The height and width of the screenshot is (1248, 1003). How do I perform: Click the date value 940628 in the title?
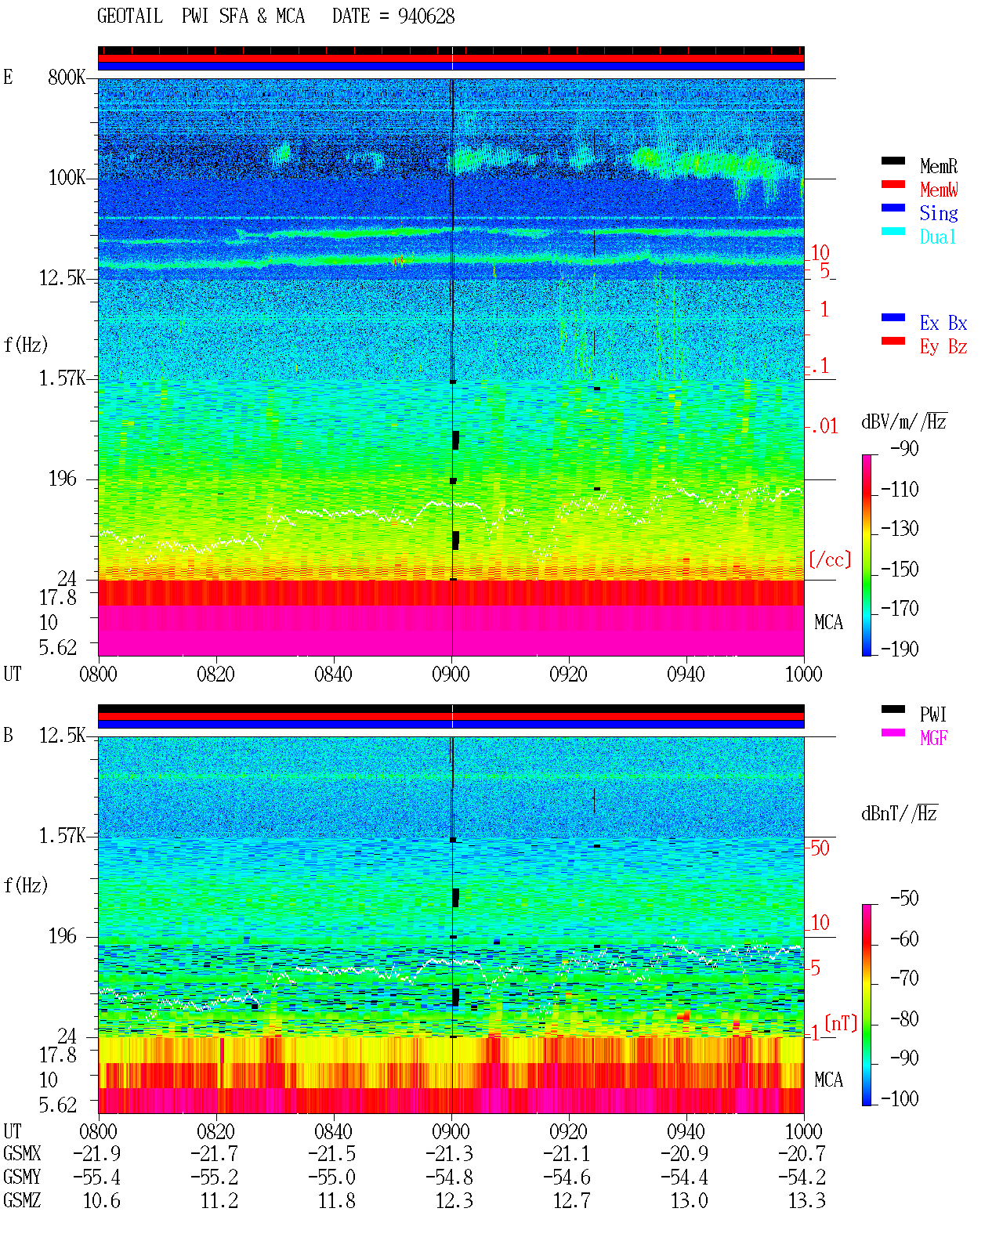point(425,16)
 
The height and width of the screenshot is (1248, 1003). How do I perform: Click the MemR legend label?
point(938,166)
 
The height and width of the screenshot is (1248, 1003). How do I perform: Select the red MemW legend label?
point(939,190)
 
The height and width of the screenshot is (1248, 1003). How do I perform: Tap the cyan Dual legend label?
point(937,237)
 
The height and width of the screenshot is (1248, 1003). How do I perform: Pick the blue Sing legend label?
point(938,213)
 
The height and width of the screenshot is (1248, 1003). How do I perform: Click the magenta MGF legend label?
point(933,738)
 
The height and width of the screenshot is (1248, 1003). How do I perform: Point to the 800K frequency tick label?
point(67,77)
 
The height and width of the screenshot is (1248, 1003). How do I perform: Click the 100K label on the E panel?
point(67,178)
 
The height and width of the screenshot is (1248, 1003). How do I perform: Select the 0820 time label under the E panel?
point(215,674)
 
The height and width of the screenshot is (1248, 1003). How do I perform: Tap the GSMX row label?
point(22,1153)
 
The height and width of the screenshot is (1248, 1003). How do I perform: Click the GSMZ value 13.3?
point(806,1200)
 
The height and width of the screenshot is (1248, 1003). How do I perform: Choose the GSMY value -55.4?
point(96,1177)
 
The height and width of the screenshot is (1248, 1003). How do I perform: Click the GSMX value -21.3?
point(449,1153)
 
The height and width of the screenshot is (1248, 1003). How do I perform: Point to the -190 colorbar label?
point(900,649)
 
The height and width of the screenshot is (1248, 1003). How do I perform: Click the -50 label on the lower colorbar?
point(904,899)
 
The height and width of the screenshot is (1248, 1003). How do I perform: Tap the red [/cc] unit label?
point(830,559)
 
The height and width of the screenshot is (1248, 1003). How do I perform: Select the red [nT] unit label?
point(841,1023)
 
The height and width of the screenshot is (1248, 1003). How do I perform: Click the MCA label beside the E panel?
point(828,622)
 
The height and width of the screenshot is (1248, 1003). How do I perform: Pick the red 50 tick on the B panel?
point(820,848)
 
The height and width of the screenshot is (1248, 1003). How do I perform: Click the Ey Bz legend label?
point(943,347)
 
